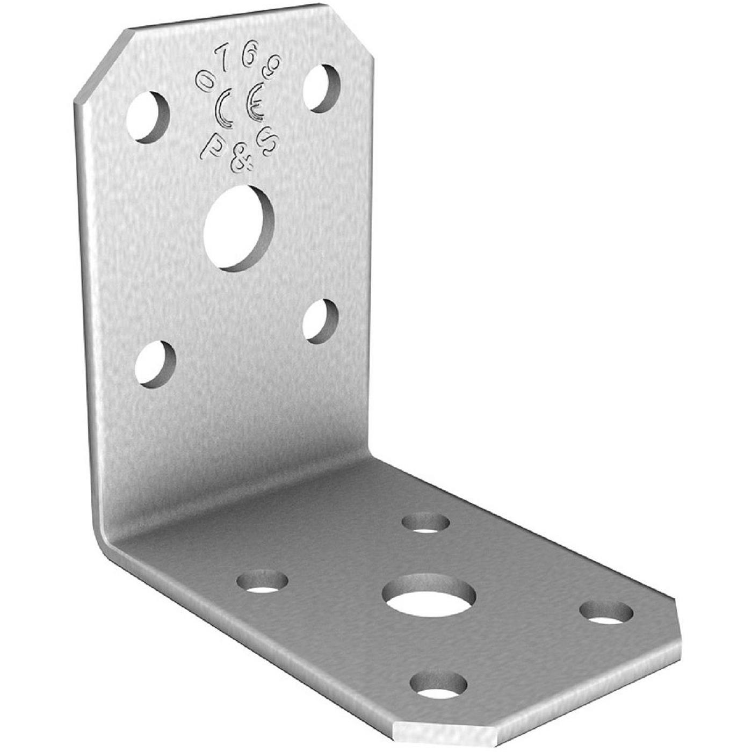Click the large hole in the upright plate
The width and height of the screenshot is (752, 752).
click(x=239, y=228)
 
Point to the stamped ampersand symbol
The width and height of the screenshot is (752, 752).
click(x=240, y=161)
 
